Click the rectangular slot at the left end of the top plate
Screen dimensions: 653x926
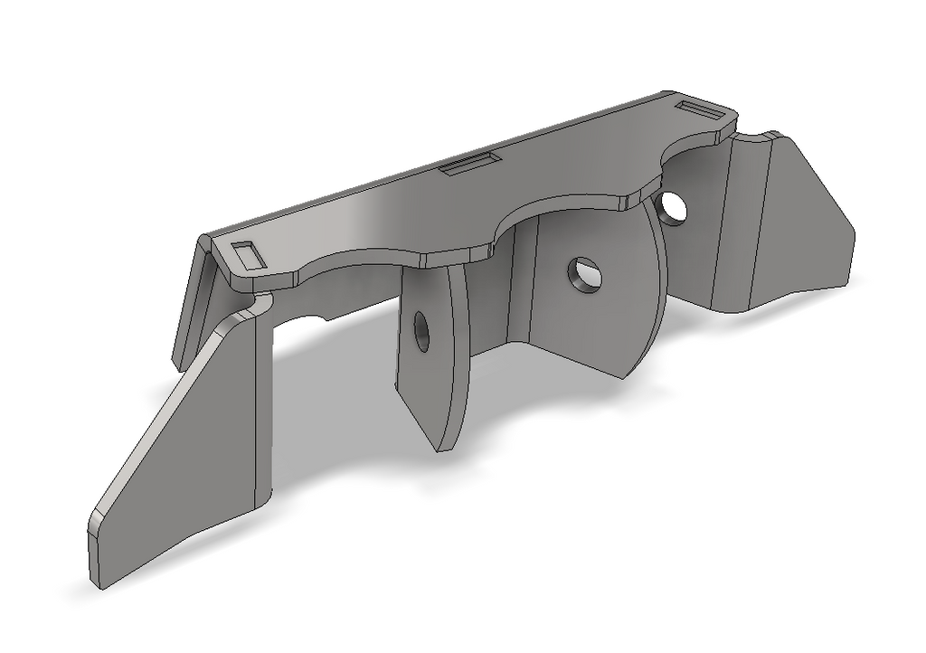(250, 254)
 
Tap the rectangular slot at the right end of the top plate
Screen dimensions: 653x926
(705, 110)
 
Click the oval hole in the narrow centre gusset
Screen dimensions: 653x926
(421, 332)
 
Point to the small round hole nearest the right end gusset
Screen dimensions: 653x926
(674, 206)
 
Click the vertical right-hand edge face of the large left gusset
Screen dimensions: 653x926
(264, 407)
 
